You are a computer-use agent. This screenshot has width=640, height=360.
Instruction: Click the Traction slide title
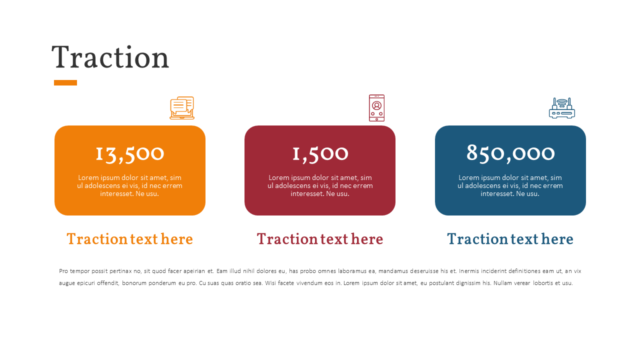[x=110, y=57]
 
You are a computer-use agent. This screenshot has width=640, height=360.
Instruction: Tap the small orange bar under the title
[x=65, y=82]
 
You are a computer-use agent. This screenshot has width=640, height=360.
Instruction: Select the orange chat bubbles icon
[x=182, y=108]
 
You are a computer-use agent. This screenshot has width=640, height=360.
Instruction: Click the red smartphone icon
[x=376, y=108]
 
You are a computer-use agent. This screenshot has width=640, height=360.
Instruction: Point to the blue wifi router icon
[x=562, y=108]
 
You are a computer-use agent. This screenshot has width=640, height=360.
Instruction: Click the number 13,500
[x=130, y=153]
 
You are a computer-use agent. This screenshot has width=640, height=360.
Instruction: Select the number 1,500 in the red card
[x=320, y=153]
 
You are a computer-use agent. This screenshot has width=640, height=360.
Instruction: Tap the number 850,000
[x=510, y=153]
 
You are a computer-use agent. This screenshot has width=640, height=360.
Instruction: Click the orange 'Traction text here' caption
[x=130, y=239]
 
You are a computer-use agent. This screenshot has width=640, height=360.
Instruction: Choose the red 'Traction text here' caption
[x=320, y=239]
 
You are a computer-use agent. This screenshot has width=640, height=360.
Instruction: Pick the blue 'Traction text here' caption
[x=510, y=239]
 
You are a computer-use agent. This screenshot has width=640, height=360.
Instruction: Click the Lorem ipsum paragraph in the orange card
[x=130, y=185]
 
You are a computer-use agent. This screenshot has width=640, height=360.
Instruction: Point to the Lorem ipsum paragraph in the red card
[x=320, y=185]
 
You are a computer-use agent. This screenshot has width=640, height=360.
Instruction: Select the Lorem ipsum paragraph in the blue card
[x=510, y=185]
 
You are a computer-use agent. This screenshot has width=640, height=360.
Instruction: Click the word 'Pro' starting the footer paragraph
[x=63, y=271]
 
